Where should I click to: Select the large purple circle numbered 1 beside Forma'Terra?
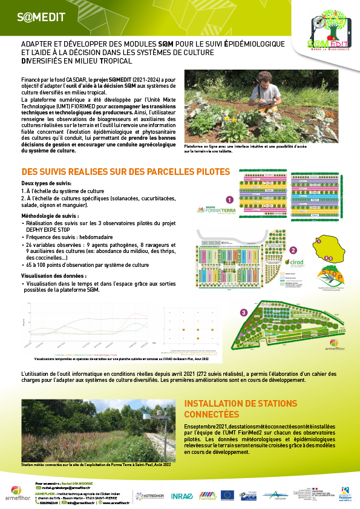(229, 200)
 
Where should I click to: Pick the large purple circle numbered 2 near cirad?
(293, 250)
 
